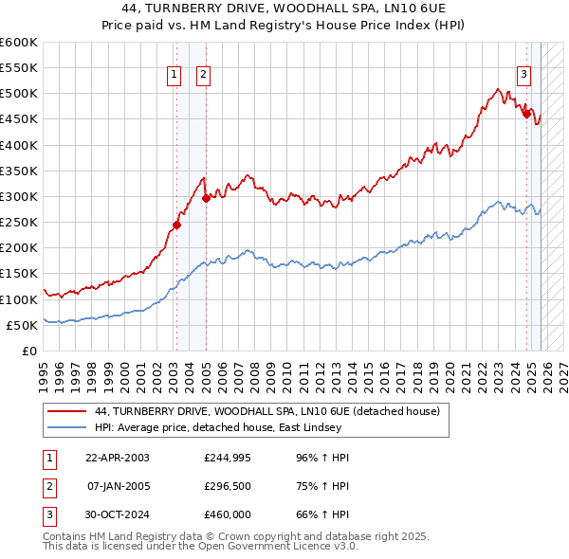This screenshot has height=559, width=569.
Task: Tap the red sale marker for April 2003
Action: (176, 225)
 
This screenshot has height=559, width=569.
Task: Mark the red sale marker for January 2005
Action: (206, 198)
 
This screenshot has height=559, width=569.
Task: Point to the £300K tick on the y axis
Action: (19, 197)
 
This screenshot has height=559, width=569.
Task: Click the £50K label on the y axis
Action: (22, 325)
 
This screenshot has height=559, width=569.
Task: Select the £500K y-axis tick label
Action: (19, 94)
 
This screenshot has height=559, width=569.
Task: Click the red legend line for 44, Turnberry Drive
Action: (68, 412)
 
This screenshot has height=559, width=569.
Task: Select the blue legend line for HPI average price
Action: (68, 427)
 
